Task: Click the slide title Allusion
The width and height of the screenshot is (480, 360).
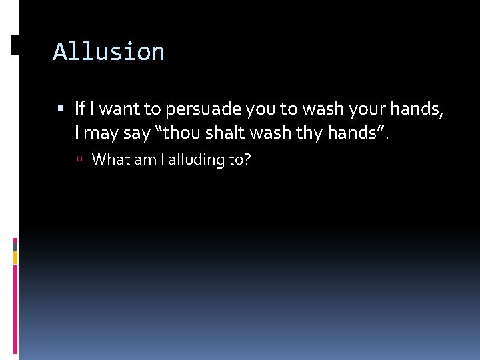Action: coord(109,52)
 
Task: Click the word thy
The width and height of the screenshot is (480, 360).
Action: coord(309,133)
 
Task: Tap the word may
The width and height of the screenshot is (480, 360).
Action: coord(102,133)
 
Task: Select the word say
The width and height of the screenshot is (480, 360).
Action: coord(137,133)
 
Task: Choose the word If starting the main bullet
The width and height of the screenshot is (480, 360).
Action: coord(80,108)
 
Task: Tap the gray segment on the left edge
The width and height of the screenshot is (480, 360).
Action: coord(15,247)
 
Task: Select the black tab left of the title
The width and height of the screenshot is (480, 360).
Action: coord(15,45)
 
